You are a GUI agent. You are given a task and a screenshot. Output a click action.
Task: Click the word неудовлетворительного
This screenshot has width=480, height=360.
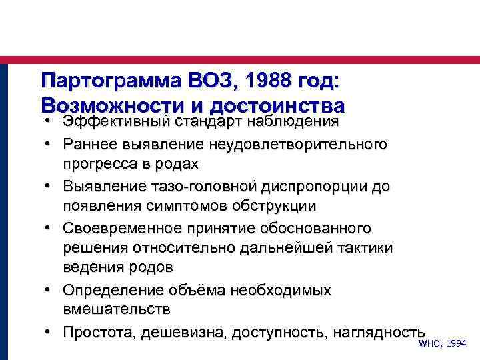click(x=300, y=143)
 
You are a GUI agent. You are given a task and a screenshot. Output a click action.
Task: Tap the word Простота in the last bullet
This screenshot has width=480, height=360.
click(x=99, y=332)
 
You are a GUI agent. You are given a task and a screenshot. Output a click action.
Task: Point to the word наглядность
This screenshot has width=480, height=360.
click(x=381, y=332)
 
